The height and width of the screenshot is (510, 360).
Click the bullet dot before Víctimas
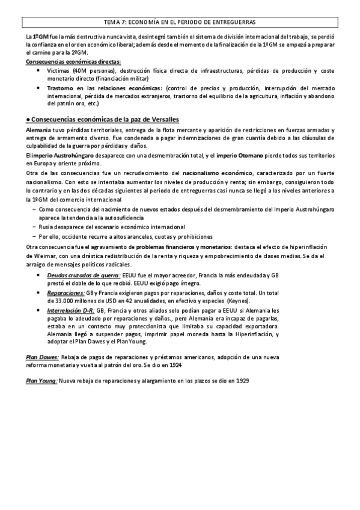[39, 70]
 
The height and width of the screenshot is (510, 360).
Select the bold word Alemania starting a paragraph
[38, 131]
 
